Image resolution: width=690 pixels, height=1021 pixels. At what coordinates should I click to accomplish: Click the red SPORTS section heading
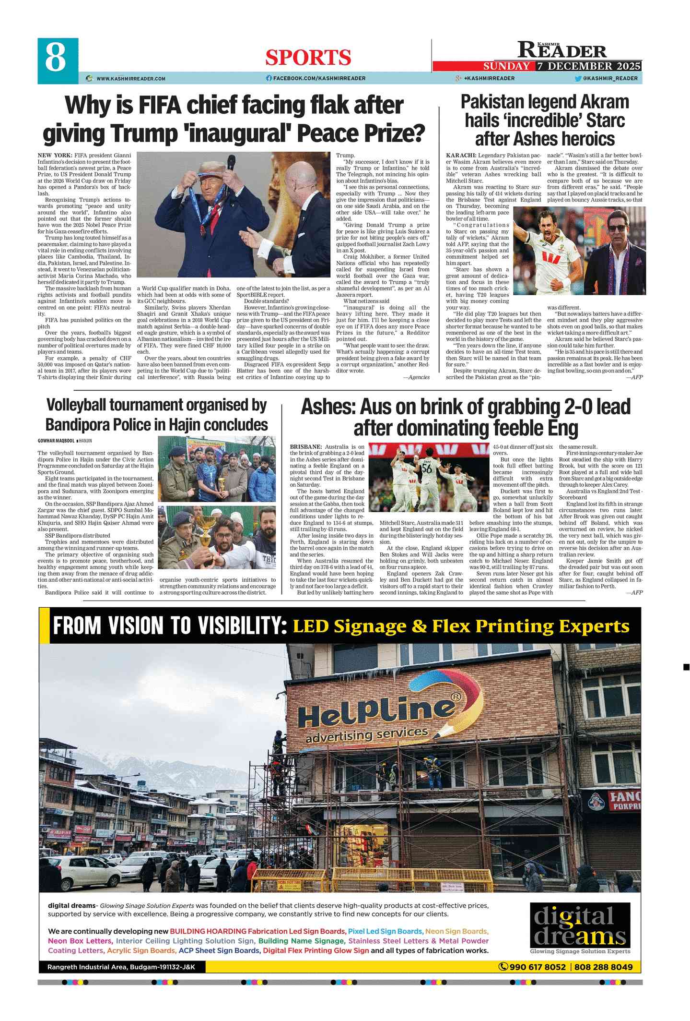pos(308,58)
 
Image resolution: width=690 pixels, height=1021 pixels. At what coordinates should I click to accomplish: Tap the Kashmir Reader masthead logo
pos(561,50)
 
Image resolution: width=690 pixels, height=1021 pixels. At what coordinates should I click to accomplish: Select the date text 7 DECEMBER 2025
pos(588,66)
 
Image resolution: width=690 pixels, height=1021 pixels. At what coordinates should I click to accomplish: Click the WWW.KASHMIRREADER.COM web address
pos(130,79)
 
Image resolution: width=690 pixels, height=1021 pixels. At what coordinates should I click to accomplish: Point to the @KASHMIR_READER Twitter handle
pos(610,79)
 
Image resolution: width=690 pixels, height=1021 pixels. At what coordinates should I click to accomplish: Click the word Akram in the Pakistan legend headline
pos(605,102)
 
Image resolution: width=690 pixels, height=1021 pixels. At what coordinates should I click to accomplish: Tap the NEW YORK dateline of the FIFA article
pos(55,156)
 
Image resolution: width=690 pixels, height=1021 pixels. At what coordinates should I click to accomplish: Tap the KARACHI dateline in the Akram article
pos(461,156)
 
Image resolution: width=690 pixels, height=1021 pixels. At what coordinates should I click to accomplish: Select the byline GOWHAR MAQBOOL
pos(56,441)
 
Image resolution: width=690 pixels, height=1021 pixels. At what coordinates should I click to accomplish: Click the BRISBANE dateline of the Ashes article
pos(305,447)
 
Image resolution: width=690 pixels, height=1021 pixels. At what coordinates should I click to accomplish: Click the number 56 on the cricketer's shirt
pos(427,468)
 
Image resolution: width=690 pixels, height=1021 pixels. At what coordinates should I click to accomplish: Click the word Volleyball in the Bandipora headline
pos(77,406)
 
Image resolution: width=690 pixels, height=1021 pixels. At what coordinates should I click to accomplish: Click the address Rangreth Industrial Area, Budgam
pos(121,967)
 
